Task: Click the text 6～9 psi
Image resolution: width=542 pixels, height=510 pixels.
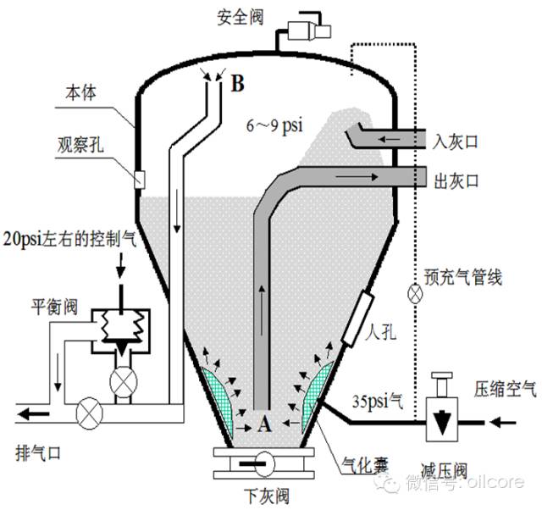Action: tap(275, 125)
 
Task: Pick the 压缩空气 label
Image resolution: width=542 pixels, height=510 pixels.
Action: tap(506, 389)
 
